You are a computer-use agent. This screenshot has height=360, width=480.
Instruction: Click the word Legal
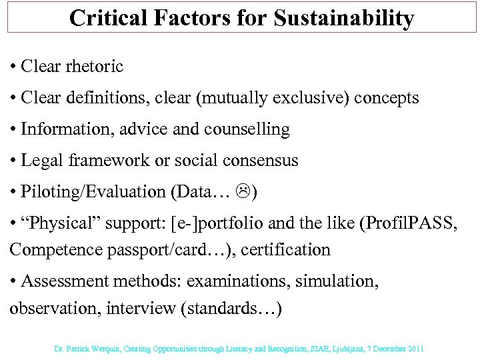[41, 160]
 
